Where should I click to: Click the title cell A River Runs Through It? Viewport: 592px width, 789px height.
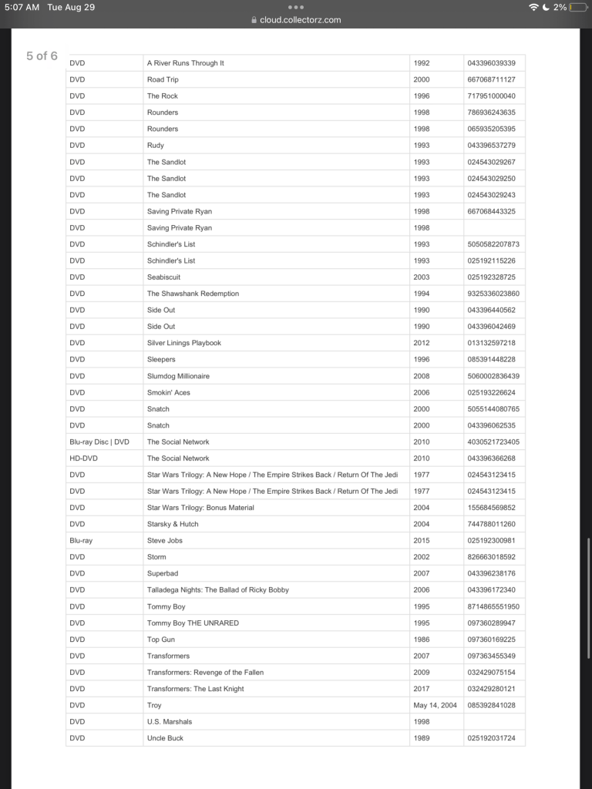[186, 63]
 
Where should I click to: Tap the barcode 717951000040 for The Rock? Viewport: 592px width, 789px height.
[491, 96]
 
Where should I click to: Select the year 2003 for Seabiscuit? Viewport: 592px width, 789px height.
[422, 277]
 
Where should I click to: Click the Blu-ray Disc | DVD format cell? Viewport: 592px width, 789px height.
[99, 442]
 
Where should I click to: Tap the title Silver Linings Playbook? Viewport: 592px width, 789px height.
[184, 343]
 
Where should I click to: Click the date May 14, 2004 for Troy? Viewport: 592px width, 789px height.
[435, 705]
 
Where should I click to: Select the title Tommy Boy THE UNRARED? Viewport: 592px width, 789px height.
[193, 623]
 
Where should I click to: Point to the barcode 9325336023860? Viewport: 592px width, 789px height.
[493, 294]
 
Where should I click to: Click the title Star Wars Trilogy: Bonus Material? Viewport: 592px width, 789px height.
[200, 508]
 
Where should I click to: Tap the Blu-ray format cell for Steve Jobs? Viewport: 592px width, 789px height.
[81, 541]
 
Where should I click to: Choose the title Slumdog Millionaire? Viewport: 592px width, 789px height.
[178, 376]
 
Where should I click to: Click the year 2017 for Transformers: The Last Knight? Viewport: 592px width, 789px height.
[422, 689]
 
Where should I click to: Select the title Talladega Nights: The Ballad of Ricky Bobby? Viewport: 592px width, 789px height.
[218, 590]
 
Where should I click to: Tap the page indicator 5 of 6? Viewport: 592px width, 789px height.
[42, 55]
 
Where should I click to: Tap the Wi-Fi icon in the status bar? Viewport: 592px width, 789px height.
[533, 7]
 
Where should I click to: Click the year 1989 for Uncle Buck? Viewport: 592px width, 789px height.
[422, 738]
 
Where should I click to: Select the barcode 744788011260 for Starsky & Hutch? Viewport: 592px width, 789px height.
[491, 524]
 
